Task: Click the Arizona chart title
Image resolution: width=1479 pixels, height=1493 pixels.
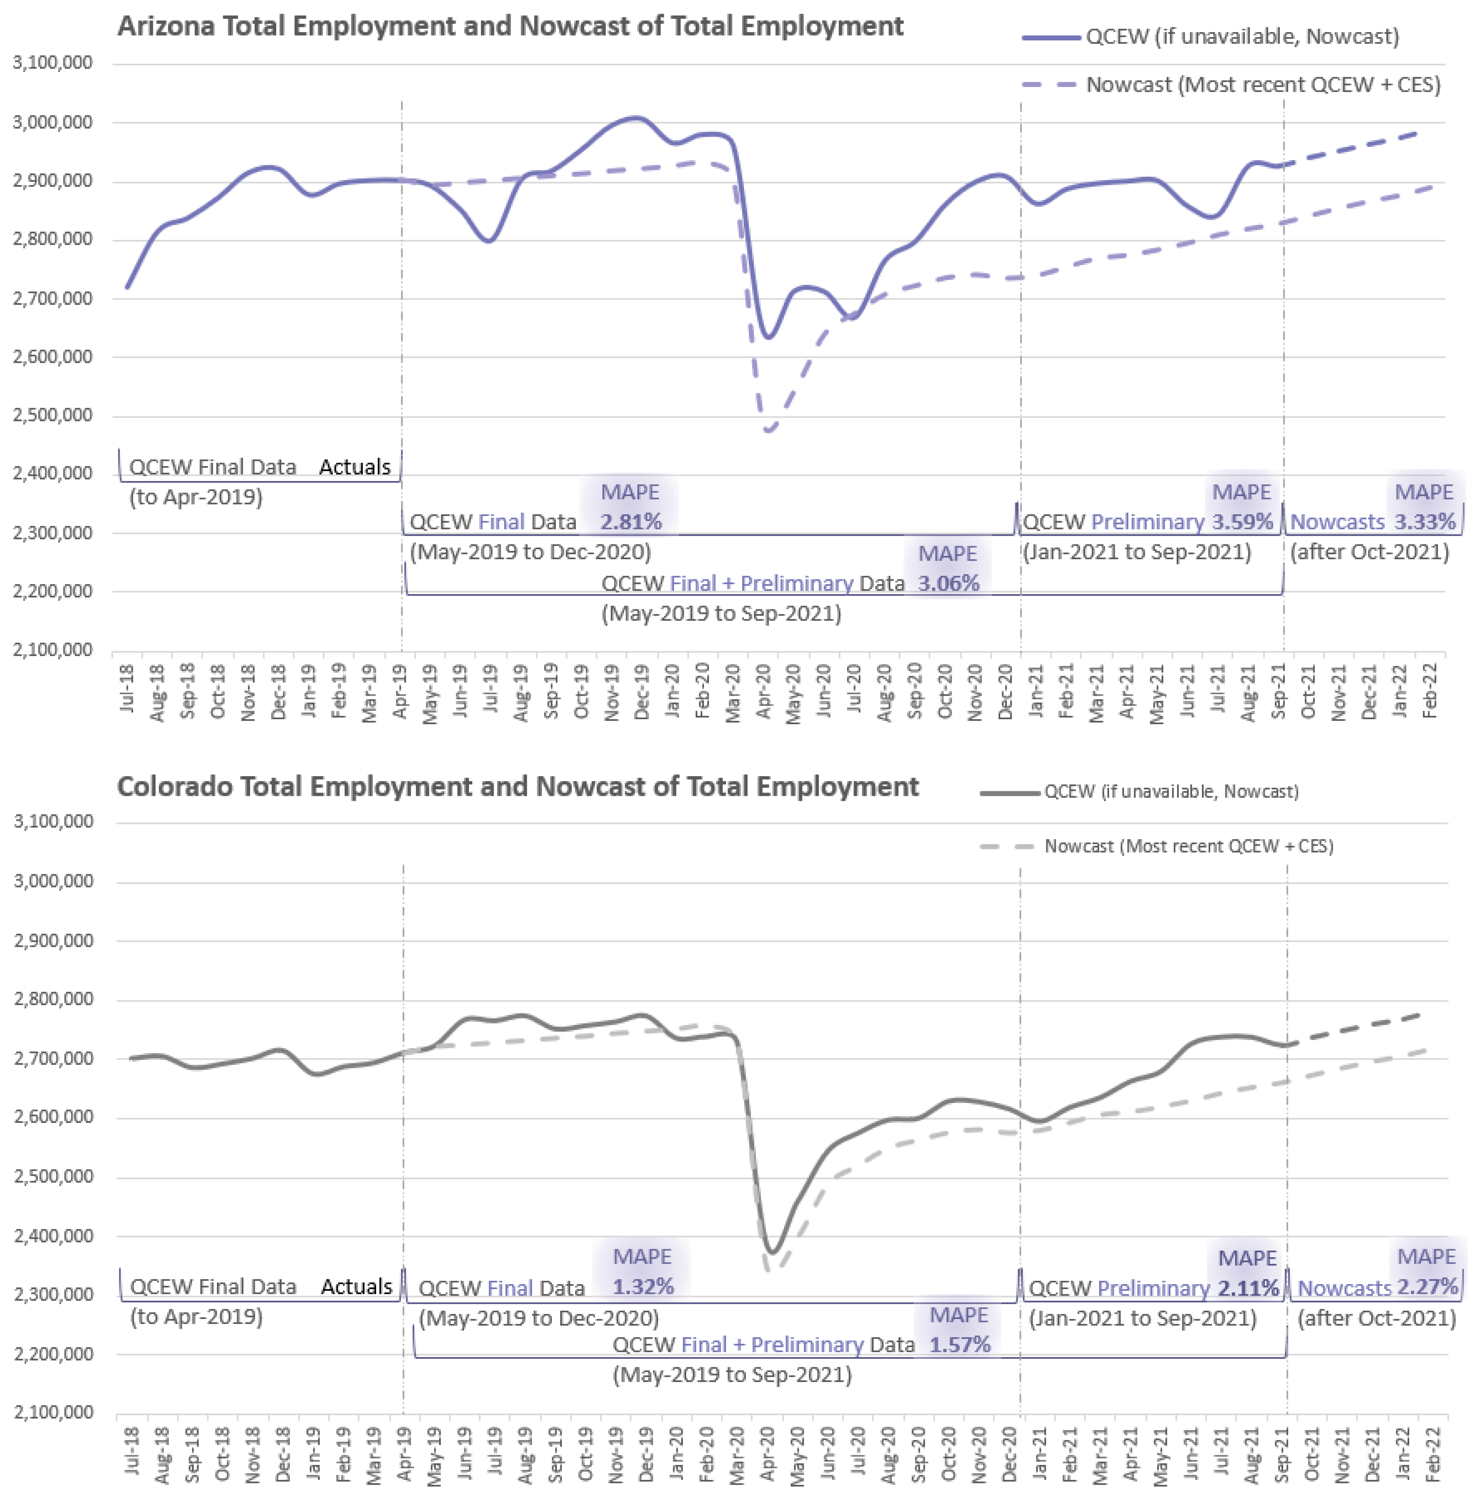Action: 510,26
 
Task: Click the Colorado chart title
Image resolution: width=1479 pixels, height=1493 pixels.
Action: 518,787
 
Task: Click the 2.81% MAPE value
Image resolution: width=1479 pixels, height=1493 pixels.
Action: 631,522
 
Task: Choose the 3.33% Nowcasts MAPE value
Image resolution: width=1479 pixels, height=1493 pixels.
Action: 1424,522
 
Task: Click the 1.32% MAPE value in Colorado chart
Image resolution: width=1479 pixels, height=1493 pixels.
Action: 643,1287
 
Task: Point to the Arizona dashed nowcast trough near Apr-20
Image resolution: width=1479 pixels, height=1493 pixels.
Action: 767,430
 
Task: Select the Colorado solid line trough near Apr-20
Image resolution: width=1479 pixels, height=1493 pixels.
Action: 772,1250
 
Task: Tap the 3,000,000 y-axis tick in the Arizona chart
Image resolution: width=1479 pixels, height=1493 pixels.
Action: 53,122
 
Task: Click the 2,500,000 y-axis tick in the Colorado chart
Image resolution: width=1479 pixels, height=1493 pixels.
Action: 53,1177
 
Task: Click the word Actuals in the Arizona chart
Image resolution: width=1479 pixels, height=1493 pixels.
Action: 355,467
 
